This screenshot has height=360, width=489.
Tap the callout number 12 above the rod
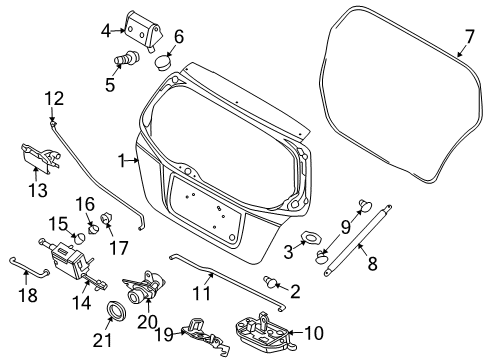(x=53, y=98)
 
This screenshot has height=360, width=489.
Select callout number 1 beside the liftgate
(x=122, y=159)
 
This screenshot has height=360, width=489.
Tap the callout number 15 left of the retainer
(x=57, y=223)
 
